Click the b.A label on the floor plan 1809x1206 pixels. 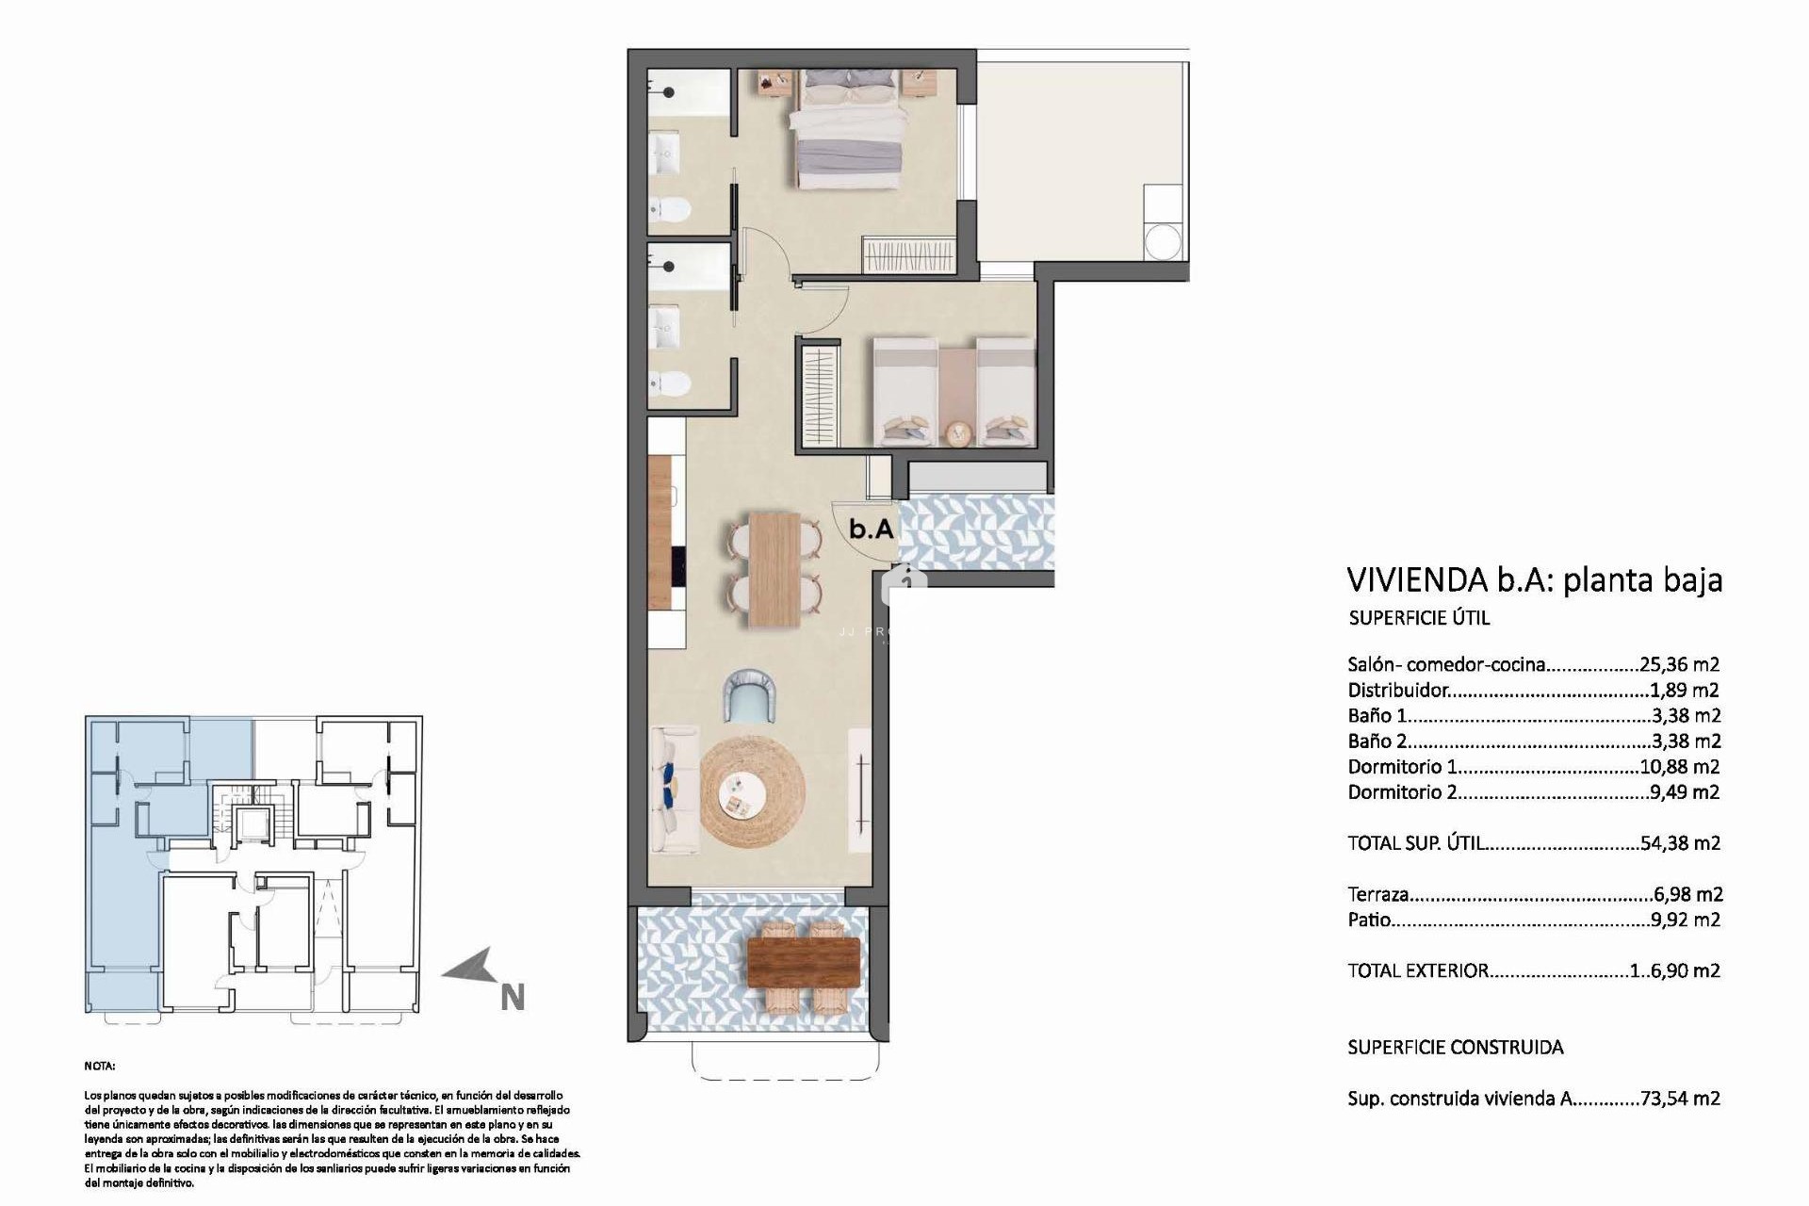point(871,529)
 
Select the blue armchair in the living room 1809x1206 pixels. point(752,695)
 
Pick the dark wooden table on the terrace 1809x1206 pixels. point(803,961)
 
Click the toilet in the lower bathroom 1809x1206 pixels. point(672,383)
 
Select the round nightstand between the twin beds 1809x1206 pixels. point(957,433)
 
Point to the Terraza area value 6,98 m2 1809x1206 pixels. point(1687,894)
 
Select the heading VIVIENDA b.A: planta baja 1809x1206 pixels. point(1534,579)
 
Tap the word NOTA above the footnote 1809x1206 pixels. point(100,1067)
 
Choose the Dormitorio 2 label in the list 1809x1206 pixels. point(1402,792)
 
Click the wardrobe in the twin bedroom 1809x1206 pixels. point(820,397)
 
